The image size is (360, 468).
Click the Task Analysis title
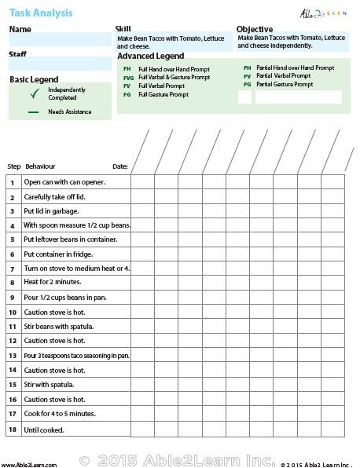point(40,11)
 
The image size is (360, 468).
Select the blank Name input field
point(60,39)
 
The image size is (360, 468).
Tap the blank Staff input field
point(60,64)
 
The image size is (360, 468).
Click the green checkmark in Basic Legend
point(33,93)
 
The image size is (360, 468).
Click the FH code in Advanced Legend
point(127,69)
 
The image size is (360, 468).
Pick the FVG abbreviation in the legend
point(128,78)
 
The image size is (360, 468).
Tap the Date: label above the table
point(119,166)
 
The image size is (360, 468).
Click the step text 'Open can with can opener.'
point(64,182)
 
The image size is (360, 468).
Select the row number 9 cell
point(13,298)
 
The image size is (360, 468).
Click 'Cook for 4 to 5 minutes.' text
point(60,413)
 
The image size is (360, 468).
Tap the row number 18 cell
point(13,430)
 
